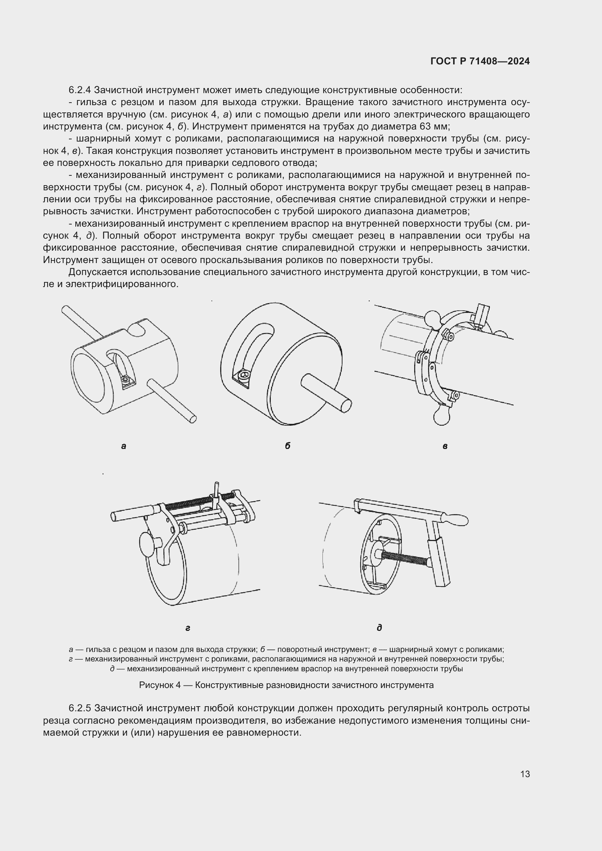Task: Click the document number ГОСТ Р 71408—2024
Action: (x=480, y=61)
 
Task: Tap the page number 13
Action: (x=525, y=774)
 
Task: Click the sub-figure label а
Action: (x=123, y=446)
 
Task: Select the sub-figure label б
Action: (x=288, y=446)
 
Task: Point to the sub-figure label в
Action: (x=445, y=447)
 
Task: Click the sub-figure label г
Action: (x=187, y=628)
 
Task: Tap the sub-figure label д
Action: (x=379, y=628)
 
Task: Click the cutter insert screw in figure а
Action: (x=127, y=381)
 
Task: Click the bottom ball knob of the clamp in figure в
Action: (x=441, y=417)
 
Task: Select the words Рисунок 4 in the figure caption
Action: (x=159, y=685)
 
